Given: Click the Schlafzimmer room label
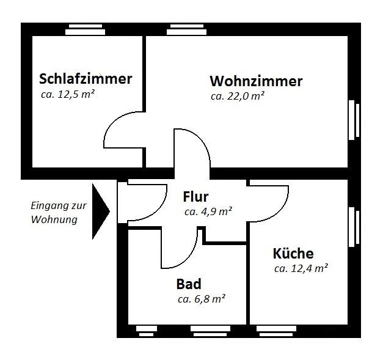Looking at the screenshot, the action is [86, 79].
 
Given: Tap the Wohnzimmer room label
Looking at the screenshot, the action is [256, 81].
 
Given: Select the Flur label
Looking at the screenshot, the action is [195, 197].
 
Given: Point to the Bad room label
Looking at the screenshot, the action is [189, 284].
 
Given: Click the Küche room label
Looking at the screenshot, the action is [293, 253].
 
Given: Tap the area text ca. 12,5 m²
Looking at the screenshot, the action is [68, 94].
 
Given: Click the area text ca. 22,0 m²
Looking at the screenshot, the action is [238, 96].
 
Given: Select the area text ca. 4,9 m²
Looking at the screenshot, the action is [208, 211].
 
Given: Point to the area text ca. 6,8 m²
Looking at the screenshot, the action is [202, 299].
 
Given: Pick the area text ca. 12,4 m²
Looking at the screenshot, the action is [301, 268].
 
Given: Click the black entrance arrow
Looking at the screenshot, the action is [101, 211].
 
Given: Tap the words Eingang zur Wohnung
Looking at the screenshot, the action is [59, 212].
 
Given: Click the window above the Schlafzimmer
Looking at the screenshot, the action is [86, 29].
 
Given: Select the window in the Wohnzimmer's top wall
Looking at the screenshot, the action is [187, 29].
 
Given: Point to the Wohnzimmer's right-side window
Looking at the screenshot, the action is [354, 120].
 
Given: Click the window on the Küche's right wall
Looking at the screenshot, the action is [354, 227].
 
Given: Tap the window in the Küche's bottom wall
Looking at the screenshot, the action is [276, 331].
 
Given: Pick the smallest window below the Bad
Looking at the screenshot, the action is [147, 331].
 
